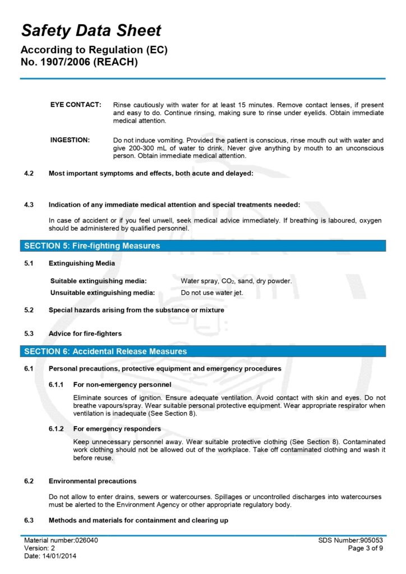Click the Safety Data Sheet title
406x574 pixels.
click(x=91, y=30)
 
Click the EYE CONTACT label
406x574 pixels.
click(x=76, y=105)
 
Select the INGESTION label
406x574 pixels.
click(x=70, y=140)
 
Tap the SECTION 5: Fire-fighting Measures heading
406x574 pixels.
click(x=92, y=246)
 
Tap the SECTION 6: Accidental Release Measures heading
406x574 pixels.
click(x=105, y=351)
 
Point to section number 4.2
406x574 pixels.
click(x=29, y=173)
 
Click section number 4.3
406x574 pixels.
click(x=29, y=205)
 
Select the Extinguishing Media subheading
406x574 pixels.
click(x=82, y=263)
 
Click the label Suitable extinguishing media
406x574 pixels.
click(x=99, y=281)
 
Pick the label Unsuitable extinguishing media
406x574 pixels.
click(x=103, y=292)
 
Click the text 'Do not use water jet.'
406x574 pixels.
click(x=211, y=292)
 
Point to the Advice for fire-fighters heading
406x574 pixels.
click(x=85, y=334)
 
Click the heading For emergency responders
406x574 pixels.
click(x=117, y=429)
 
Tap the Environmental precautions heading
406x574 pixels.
click(x=93, y=481)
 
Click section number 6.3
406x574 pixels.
click(x=29, y=521)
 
